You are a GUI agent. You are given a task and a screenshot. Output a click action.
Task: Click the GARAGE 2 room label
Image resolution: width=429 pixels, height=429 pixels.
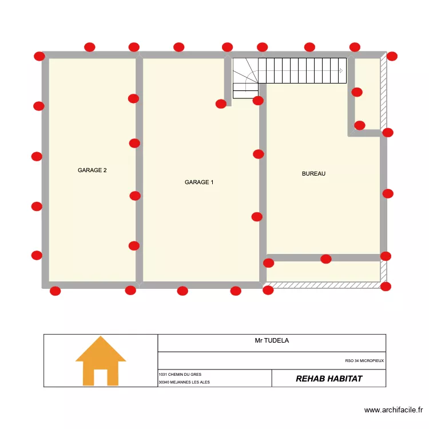coord(92,170)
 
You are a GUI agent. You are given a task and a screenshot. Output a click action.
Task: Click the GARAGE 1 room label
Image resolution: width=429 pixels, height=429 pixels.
coord(199,182)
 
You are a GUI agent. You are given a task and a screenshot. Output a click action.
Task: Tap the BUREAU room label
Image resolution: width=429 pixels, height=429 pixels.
coord(313,173)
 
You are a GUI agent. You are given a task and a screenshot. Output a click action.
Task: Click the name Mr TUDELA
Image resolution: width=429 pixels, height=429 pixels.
coord(272,340)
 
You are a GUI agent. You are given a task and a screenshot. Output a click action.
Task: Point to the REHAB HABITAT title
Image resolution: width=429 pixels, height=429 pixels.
coord(329,379)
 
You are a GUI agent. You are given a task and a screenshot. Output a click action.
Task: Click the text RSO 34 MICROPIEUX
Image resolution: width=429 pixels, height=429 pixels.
coord(364,361)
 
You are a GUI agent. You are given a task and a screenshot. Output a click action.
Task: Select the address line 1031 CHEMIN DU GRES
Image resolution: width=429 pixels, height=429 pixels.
coord(180,374)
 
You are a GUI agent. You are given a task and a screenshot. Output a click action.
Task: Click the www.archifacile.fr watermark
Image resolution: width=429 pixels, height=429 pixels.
coord(394,410)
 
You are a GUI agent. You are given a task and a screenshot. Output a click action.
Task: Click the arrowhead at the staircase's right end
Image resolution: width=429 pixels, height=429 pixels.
coord(341,71)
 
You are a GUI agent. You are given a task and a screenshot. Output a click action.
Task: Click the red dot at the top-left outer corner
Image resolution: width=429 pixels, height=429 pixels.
coord(39,56)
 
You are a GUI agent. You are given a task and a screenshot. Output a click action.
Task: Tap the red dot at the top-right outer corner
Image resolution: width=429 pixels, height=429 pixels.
coord(392,56)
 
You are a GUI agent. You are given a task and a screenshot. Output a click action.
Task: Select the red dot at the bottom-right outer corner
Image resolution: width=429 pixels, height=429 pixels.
coord(386,287)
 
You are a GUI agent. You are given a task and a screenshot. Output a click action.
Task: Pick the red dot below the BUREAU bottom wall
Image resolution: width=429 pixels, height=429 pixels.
coord(326,259)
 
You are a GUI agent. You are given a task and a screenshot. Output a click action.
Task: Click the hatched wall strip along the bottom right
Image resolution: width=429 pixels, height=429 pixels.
coord(323,284)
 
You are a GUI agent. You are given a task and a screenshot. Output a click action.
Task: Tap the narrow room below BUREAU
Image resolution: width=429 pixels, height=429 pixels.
coord(323,271)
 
